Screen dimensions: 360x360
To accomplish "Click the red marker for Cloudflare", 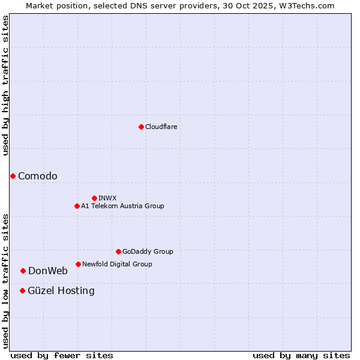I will (141, 127).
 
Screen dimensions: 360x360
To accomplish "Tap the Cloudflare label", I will (161, 127).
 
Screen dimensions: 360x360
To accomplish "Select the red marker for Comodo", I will (13, 176).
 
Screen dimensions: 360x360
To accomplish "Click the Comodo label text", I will (38, 176).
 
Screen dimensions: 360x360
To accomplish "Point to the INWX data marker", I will (94, 198).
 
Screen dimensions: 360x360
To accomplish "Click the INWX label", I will (108, 198).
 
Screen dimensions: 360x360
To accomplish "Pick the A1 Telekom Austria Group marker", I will (77, 206).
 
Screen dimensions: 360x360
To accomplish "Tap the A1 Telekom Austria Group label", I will (122, 206).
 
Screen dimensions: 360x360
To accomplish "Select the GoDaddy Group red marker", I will (118, 251).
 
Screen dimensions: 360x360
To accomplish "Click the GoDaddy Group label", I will (148, 251).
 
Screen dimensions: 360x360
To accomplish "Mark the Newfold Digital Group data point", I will (78, 264).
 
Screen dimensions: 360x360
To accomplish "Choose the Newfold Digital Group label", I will (117, 264).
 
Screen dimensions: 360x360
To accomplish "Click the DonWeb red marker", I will (23, 271).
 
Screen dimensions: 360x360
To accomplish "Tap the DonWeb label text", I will (48, 271).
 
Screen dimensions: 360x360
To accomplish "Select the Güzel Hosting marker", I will (22, 290).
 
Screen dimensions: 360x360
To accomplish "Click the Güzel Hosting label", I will (61, 290).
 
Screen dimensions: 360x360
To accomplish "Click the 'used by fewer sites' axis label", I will (62, 355).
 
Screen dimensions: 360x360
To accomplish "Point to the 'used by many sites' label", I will (301, 355).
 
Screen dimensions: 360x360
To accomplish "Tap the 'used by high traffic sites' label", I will (5, 85).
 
